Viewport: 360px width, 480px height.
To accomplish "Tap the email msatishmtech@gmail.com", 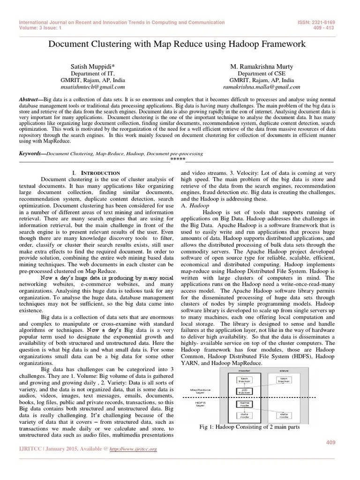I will pyautogui.click(x=97, y=87).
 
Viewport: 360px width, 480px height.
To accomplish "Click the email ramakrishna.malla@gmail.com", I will pyautogui.click(x=262, y=87).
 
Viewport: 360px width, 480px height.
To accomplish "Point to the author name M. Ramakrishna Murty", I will pyautogui.click(x=262, y=67).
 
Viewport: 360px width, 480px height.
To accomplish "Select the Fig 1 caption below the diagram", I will pyautogui.click(x=249, y=427).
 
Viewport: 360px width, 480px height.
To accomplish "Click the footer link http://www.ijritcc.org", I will pyautogui.click(x=134, y=449).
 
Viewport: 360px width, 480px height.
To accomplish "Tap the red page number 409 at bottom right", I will pyautogui.click(x=330, y=442).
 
